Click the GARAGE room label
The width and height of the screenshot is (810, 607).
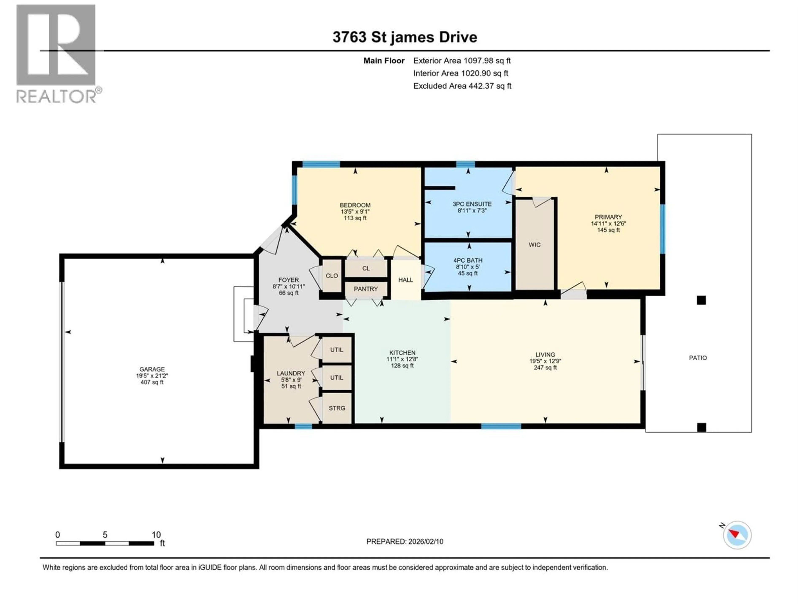click(x=152, y=369)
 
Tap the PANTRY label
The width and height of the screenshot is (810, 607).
click(x=366, y=289)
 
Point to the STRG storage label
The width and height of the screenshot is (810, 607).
click(x=336, y=408)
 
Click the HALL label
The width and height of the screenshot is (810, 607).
click(x=405, y=280)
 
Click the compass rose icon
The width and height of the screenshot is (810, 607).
click(x=737, y=535)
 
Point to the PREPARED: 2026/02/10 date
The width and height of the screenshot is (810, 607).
click(x=405, y=541)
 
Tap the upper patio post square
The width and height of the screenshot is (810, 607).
click(x=701, y=300)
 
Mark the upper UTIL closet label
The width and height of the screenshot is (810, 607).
click(x=336, y=350)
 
